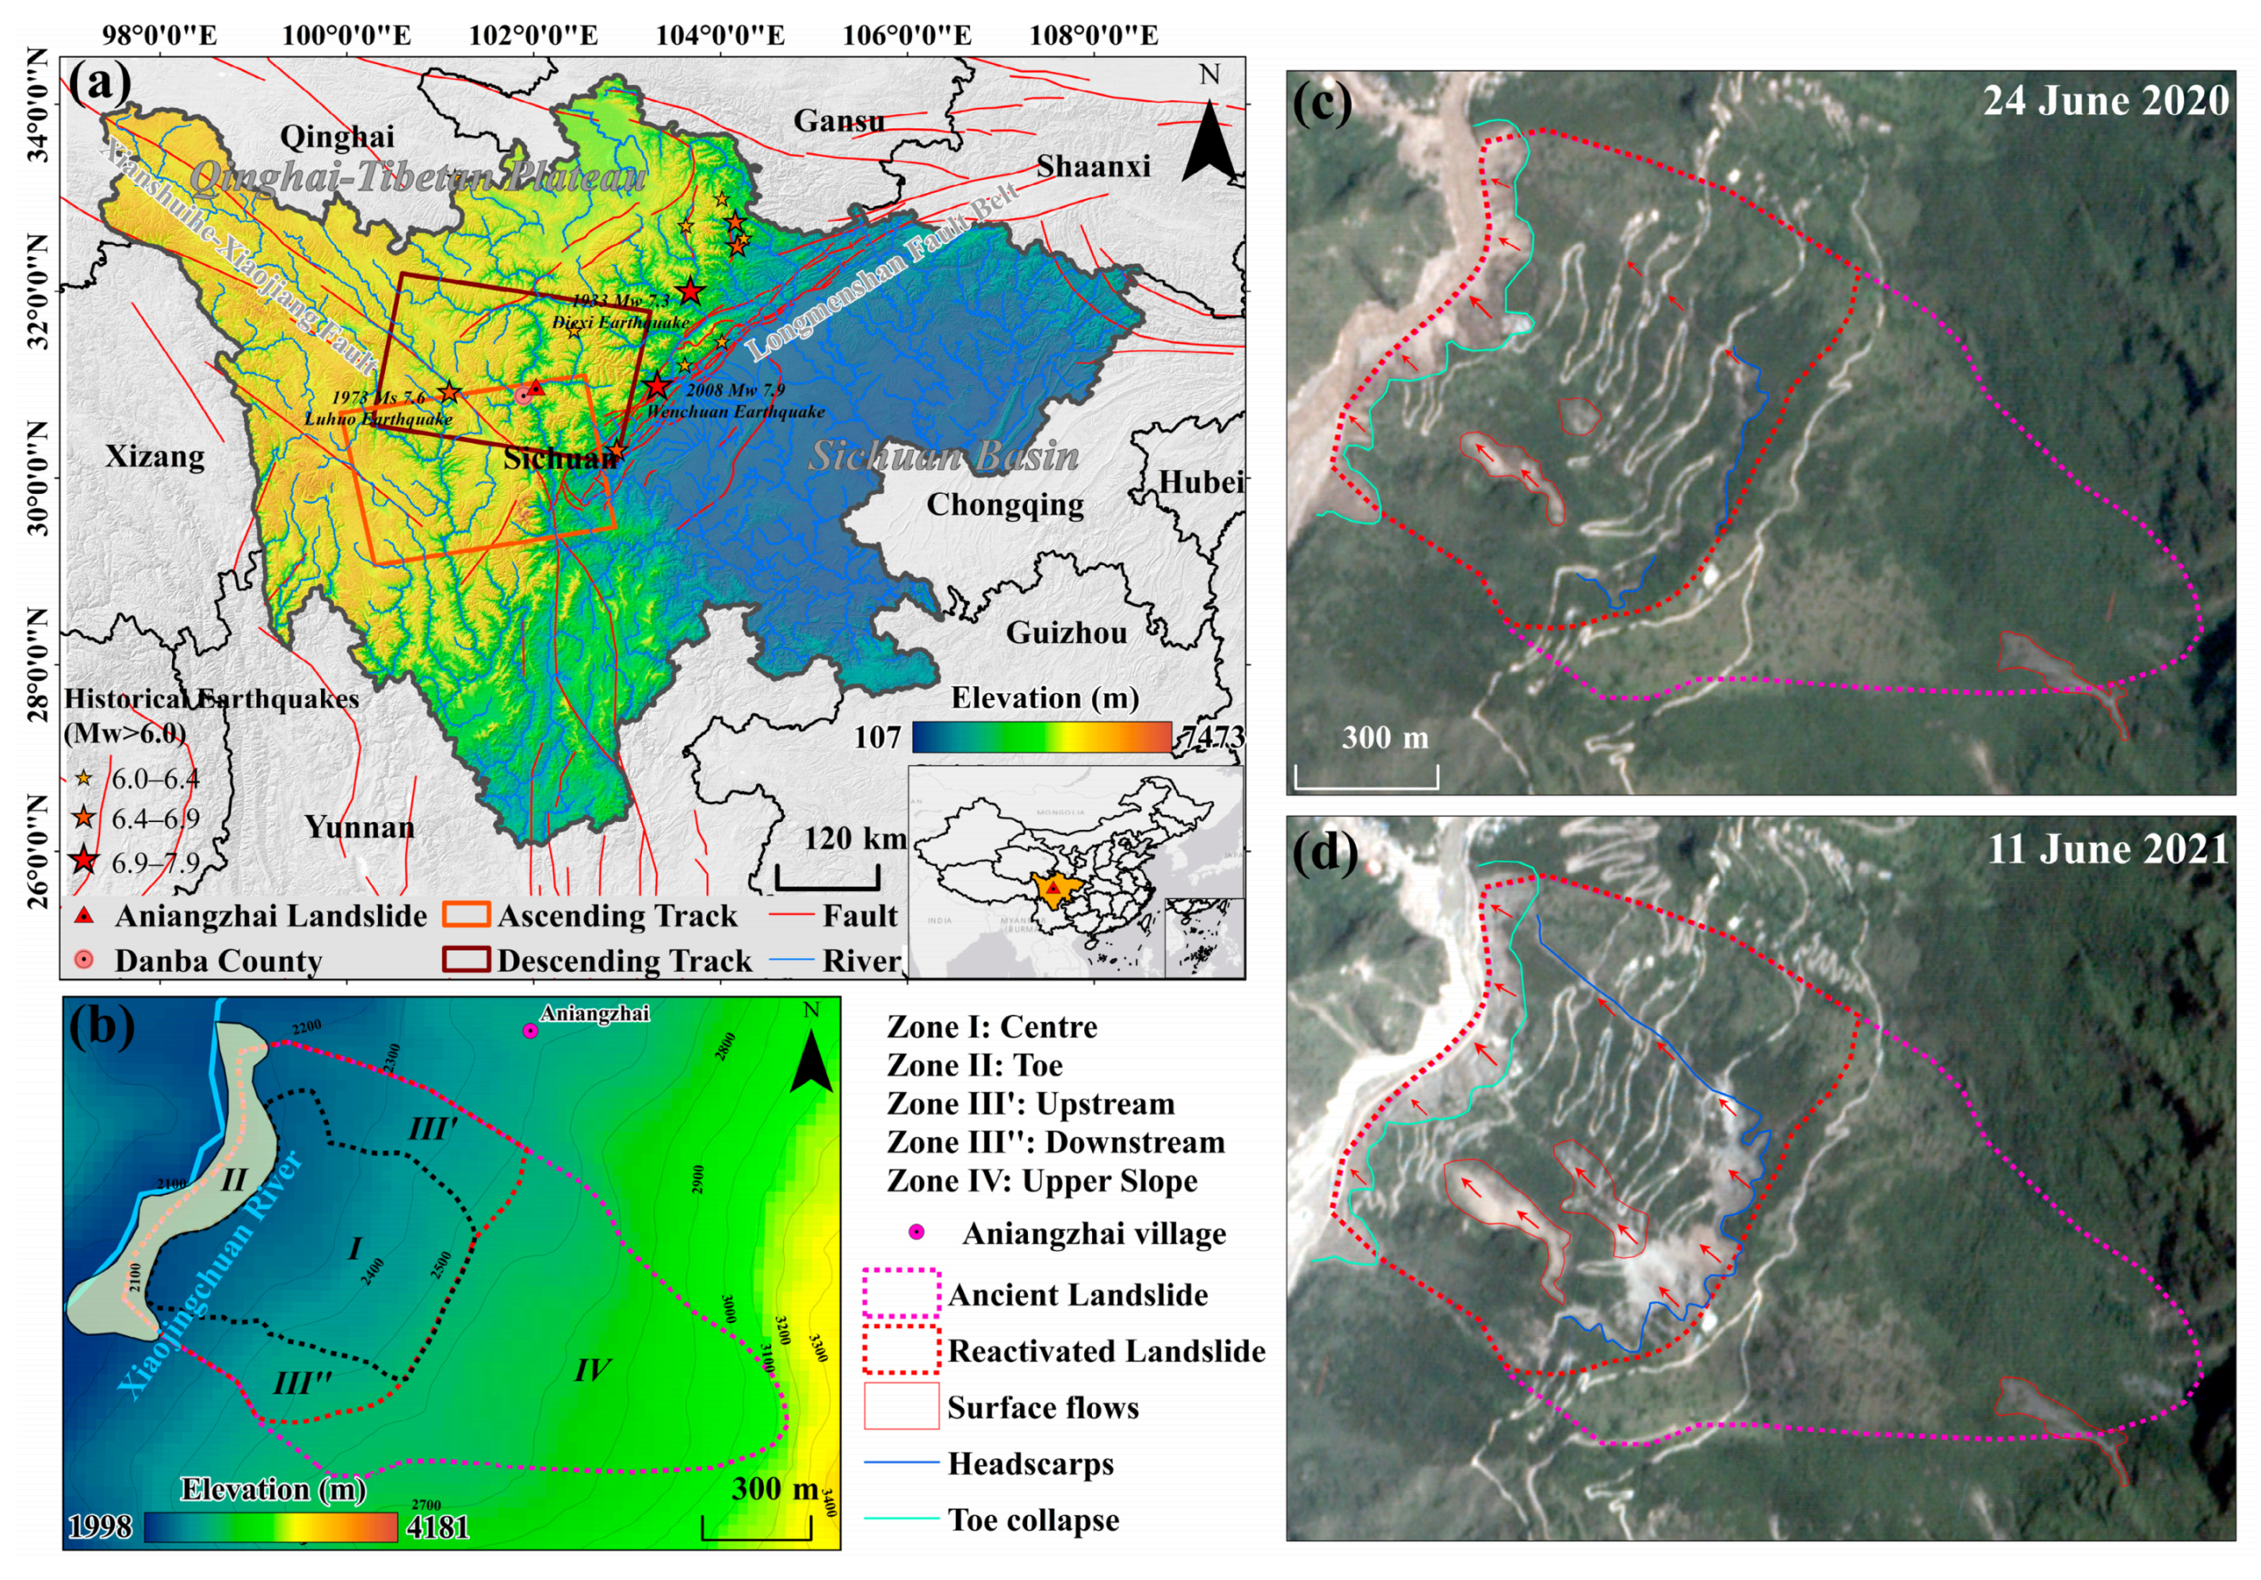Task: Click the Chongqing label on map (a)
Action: point(1004,504)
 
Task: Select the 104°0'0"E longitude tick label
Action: point(720,36)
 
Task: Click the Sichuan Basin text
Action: point(943,456)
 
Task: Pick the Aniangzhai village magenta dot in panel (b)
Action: point(530,1031)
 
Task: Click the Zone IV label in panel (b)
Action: point(592,1369)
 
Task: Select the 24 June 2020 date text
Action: point(2106,101)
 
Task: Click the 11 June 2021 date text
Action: point(2107,848)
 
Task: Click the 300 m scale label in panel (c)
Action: point(1384,738)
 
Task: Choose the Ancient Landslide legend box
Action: point(901,1295)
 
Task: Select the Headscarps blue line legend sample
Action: point(901,1463)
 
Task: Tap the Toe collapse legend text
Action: point(1033,1519)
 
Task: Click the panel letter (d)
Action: point(1326,851)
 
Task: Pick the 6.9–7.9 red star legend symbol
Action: point(85,861)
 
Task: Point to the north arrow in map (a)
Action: point(1209,138)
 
